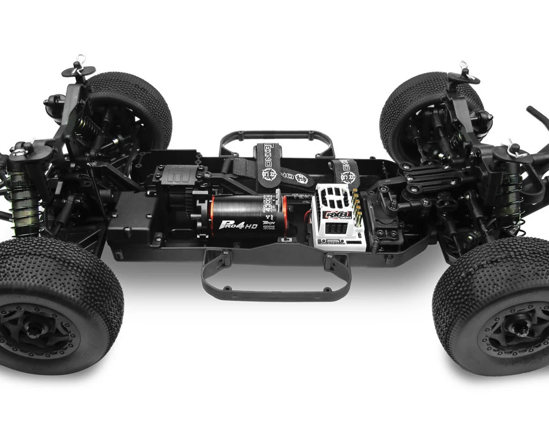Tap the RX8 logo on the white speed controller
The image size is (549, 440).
337,214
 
